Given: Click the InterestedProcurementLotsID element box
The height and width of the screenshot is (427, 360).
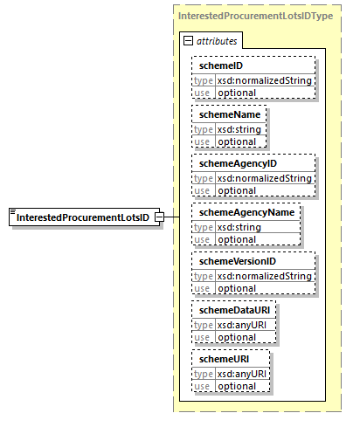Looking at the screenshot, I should pos(84,217).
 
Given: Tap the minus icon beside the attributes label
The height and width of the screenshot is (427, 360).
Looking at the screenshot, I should pos(188,41).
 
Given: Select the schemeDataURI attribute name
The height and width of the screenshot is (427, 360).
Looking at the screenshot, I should pos(234,311).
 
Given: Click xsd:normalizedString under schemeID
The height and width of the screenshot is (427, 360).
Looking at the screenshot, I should pos(264,80).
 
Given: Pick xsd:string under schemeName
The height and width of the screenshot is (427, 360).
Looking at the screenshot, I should pos(239,129).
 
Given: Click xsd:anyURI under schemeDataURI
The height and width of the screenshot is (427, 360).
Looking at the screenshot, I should pos(246,325).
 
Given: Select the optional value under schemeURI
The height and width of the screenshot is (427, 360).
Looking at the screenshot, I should pos(236,386).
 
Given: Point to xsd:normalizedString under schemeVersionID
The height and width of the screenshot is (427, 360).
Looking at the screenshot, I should pos(264,276).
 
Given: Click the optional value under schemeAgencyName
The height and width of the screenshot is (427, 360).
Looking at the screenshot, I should pos(236,239).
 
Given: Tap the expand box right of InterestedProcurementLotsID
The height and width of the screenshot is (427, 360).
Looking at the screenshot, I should pos(159,217).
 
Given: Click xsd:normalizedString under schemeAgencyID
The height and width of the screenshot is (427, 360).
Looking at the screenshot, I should pos(264,178).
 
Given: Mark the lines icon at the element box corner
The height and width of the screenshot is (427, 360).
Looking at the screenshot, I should pos(12,212).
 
